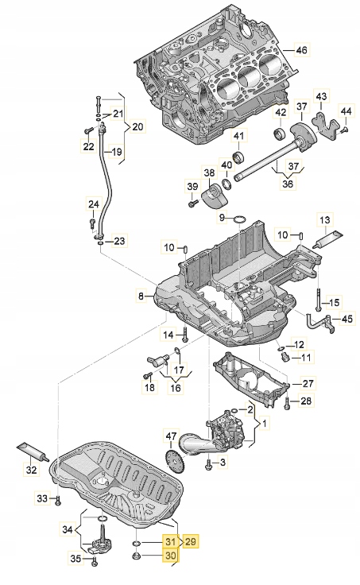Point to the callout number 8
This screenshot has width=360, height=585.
pos(141,296)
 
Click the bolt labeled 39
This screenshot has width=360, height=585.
pos(193,203)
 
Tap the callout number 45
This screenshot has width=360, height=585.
pos(346,320)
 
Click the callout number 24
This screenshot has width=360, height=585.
pos(94,205)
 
